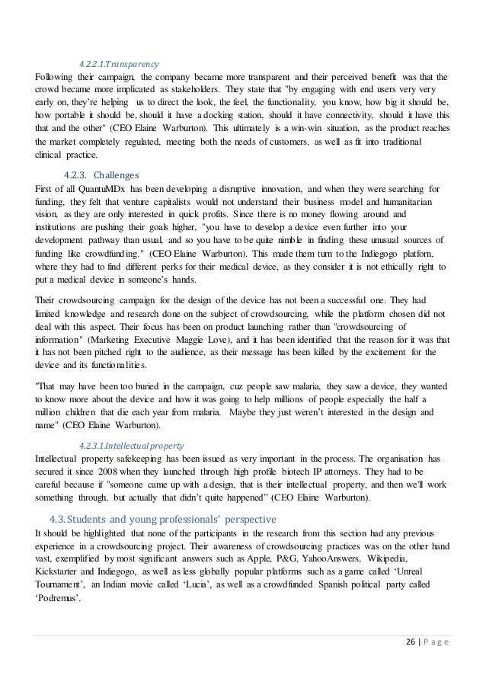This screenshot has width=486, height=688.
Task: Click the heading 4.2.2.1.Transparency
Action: [119, 64]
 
